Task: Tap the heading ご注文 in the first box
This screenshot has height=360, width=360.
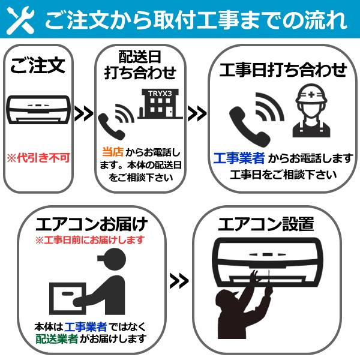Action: pyautogui.click(x=37, y=66)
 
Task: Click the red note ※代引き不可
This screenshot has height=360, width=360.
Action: pyautogui.click(x=38, y=158)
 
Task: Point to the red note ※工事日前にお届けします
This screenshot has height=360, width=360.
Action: pyautogui.click(x=91, y=240)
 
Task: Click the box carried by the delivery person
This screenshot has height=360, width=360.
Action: pyautogui.click(x=64, y=296)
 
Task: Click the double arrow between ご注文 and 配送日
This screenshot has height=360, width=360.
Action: pyautogui.click(x=86, y=112)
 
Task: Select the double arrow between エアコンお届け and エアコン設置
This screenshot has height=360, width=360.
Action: pyautogui.click(x=178, y=280)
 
